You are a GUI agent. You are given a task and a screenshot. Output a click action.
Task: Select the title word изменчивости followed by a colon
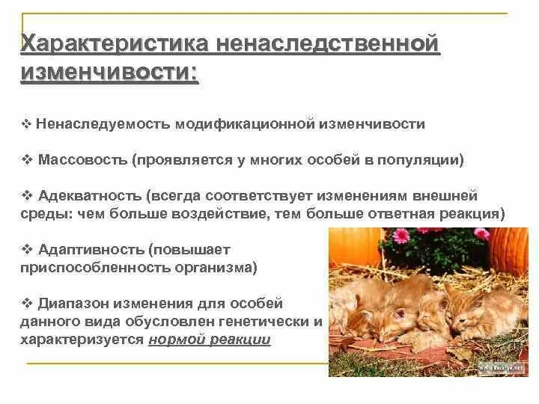point(110,73)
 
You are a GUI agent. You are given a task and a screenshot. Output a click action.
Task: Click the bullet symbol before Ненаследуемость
point(25,124)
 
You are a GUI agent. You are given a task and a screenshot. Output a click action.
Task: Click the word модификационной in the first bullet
point(243,124)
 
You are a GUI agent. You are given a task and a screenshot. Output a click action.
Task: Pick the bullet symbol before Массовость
point(25,160)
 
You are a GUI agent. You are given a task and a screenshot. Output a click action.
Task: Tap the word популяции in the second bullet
point(426,160)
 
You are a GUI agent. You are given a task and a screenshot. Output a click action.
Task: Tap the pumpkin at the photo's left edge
point(344,248)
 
